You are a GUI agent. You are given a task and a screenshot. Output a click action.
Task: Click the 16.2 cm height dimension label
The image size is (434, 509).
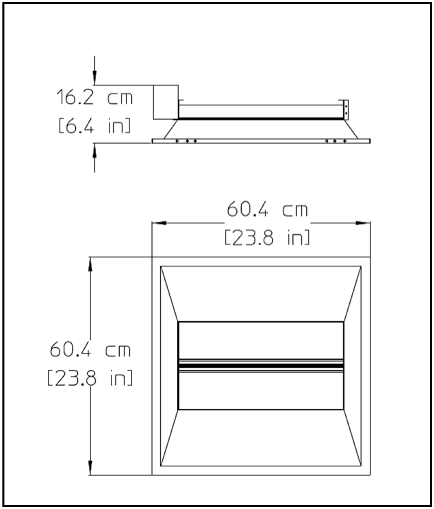click(x=95, y=98)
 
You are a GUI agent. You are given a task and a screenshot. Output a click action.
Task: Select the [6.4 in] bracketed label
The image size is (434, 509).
click(x=95, y=125)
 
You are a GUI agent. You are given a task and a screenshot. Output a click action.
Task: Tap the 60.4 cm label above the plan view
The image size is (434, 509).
click(x=267, y=210)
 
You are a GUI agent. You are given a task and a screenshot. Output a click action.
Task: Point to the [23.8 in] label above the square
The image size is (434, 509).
click(x=267, y=238)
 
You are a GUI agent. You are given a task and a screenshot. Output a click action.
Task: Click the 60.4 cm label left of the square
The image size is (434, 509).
click(x=90, y=350)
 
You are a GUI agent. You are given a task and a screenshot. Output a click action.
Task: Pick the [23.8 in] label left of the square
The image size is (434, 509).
click(x=90, y=378)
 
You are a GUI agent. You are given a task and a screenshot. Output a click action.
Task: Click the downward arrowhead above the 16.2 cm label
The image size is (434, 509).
click(x=95, y=78)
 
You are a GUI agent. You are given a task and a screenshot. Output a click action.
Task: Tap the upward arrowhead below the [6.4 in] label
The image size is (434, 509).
click(x=95, y=150)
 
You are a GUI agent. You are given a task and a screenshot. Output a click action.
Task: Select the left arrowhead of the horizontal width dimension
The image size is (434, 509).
click(x=159, y=223)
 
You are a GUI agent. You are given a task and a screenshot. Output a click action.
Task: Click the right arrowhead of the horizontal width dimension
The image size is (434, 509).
click(x=363, y=223)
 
